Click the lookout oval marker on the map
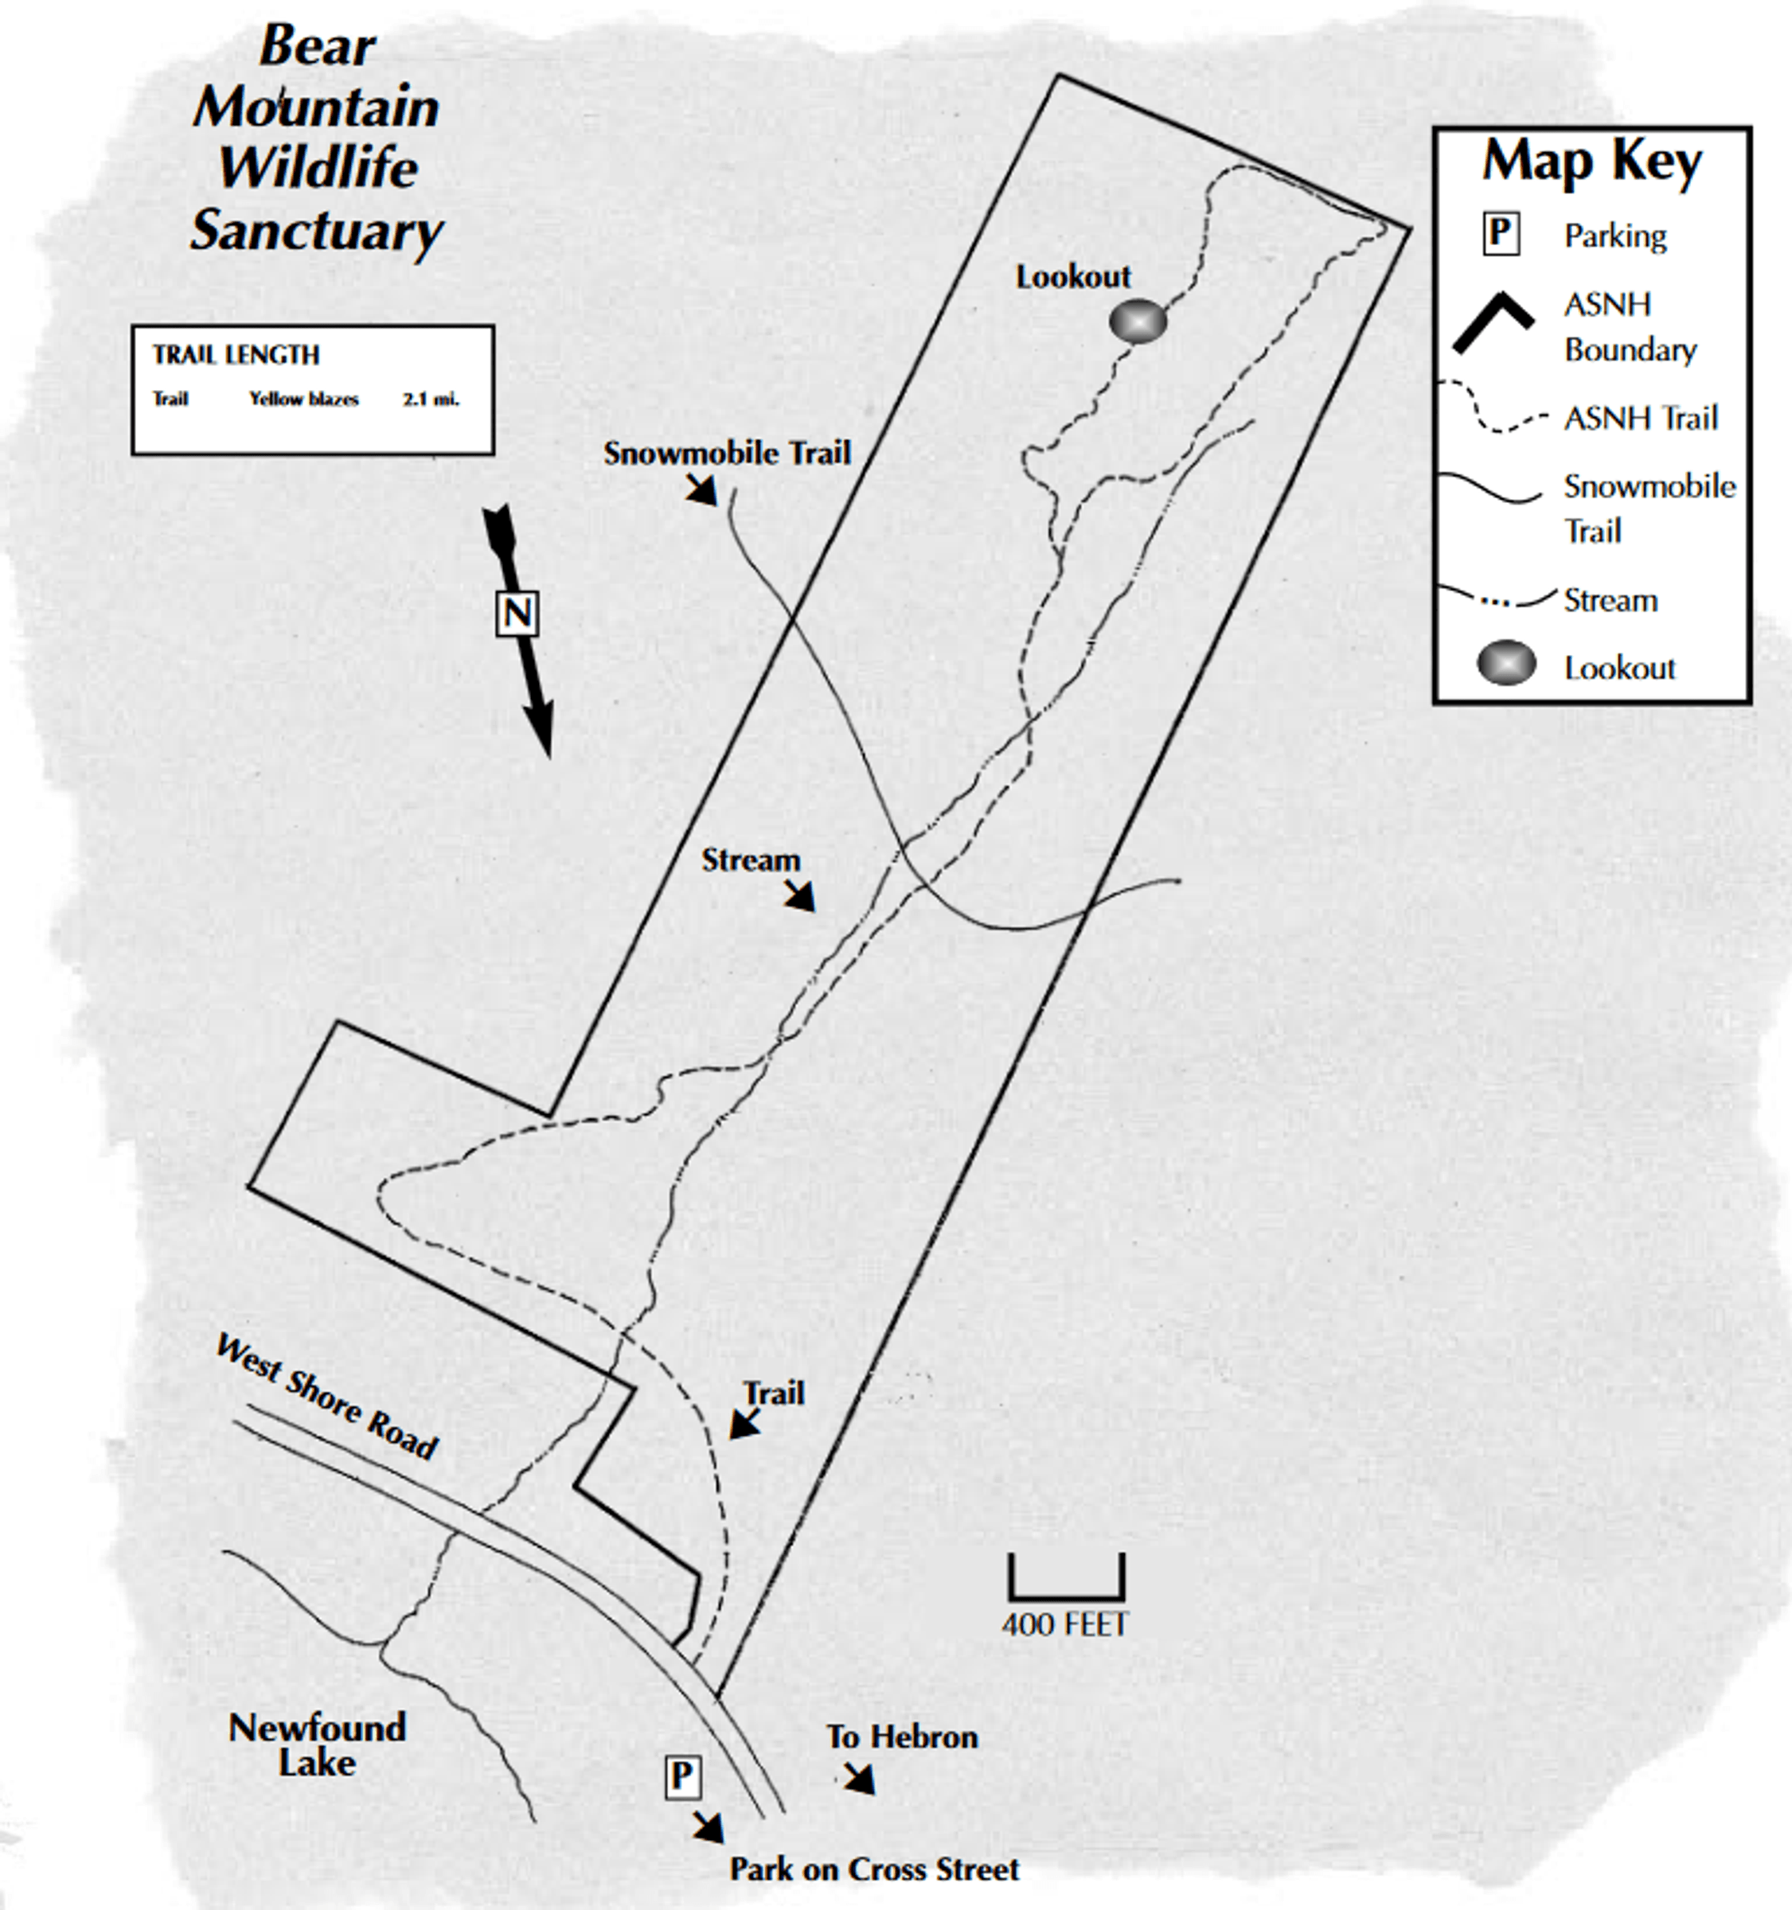pyautogui.click(x=1138, y=322)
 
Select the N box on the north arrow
pyautogui.click(x=517, y=613)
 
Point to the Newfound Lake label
pyautogui.click(x=317, y=1744)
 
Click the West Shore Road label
pyautogui.click(x=326, y=1396)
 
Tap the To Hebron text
pyautogui.click(x=902, y=1737)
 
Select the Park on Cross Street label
pyautogui.click(x=874, y=1869)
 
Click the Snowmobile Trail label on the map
pyautogui.click(x=728, y=453)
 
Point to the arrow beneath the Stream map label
pyautogui.click(x=799, y=895)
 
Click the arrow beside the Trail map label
pyautogui.click(x=744, y=1423)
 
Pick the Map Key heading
pyautogui.click(x=1592, y=162)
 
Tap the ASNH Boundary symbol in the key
pyautogui.click(x=1494, y=320)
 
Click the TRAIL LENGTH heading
pyautogui.click(x=236, y=354)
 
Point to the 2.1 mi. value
pyautogui.click(x=431, y=400)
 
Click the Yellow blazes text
pyautogui.click(x=303, y=400)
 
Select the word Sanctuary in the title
pyautogui.click(x=316, y=232)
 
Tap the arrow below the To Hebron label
pyautogui.click(x=860, y=1779)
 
